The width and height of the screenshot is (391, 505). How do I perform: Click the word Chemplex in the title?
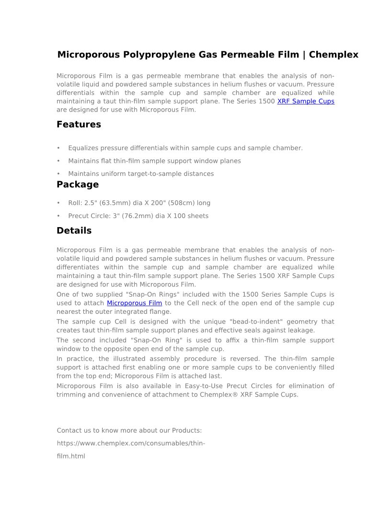coord(333,55)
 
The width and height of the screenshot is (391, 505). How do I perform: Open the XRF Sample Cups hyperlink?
coord(306,101)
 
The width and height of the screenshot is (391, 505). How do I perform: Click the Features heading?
coord(79,125)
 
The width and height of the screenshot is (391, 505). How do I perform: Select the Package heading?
coord(78,184)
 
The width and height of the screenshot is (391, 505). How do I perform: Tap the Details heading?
coord(74,230)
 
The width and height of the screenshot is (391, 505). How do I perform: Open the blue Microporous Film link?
coord(134,303)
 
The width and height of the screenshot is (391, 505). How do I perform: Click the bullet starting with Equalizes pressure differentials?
coord(185,148)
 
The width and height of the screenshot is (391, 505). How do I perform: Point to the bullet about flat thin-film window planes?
coord(154,161)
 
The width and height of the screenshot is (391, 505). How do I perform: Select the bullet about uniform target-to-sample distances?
coord(141,174)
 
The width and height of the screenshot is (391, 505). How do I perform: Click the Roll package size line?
coord(139,203)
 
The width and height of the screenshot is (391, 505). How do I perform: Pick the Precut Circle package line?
coord(138,216)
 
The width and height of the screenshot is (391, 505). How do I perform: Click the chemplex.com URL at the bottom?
coord(131,443)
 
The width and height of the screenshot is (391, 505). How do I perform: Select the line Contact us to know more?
coord(129,430)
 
